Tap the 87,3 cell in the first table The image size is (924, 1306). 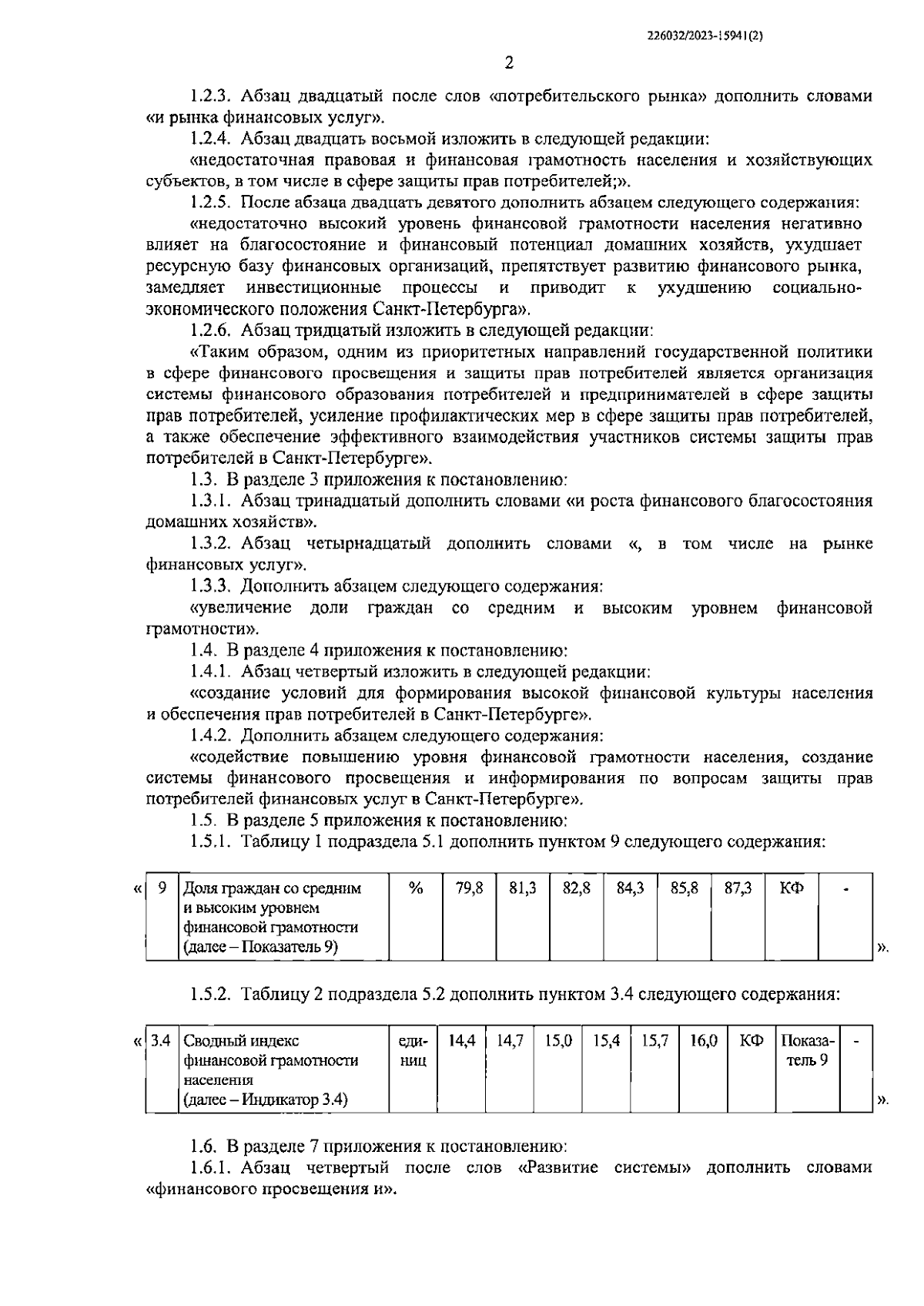coord(738,888)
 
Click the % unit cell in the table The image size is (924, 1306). coord(416,888)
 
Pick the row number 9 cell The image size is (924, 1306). coord(162,888)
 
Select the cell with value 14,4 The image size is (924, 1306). coord(461,1040)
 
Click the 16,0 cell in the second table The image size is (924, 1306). coord(704,1040)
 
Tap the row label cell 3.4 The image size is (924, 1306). coord(161,1040)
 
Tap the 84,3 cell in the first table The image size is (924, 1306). coord(631,888)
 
